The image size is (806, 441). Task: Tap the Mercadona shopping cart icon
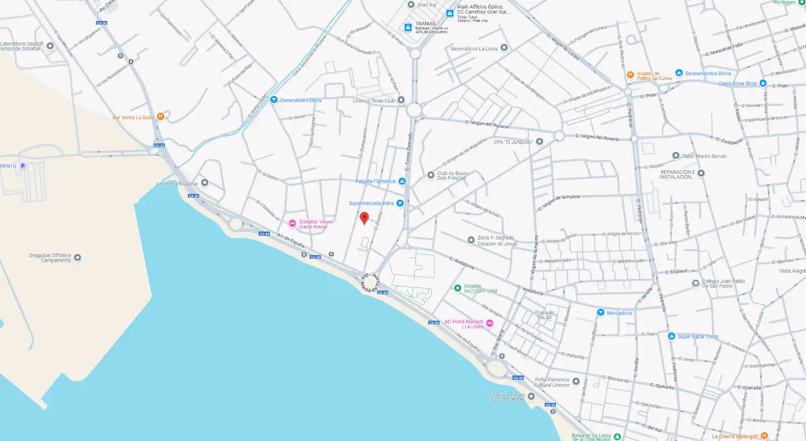[x=600, y=313]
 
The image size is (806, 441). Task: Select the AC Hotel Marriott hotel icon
[x=489, y=323]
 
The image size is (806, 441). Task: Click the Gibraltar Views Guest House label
[x=316, y=224]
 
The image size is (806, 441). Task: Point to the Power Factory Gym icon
[x=457, y=288]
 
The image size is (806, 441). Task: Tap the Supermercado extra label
[x=371, y=204]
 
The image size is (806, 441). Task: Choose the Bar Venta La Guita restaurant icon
[x=160, y=117]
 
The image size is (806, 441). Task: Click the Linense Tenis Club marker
[x=401, y=100]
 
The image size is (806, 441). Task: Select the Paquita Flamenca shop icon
[x=402, y=182]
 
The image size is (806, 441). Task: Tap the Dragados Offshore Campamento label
[x=50, y=258]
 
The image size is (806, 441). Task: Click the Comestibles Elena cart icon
[x=274, y=100]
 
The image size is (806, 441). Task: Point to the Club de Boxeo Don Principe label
[x=453, y=176]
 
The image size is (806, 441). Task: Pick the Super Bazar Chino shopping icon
[x=671, y=336]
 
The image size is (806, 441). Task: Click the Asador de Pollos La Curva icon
[x=631, y=75]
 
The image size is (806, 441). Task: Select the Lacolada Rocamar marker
[x=204, y=183]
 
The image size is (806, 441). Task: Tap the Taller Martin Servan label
[x=704, y=156]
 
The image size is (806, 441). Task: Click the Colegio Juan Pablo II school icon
[x=695, y=283]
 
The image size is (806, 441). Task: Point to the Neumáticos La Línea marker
[x=504, y=48]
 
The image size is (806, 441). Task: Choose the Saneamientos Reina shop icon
[x=679, y=73]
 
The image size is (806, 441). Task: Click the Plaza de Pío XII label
[x=544, y=315]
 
